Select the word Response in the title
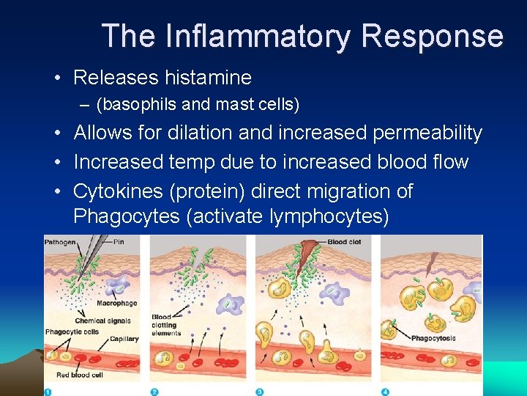coord(432,36)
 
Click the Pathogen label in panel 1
coord(59,242)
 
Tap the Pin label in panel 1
coord(119,242)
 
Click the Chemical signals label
coord(102,320)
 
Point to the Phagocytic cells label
coord(71,332)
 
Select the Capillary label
coord(124,339)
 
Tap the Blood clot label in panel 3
coord(343,242)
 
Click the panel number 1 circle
coord(49,392)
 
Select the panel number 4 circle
coord(385,392)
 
